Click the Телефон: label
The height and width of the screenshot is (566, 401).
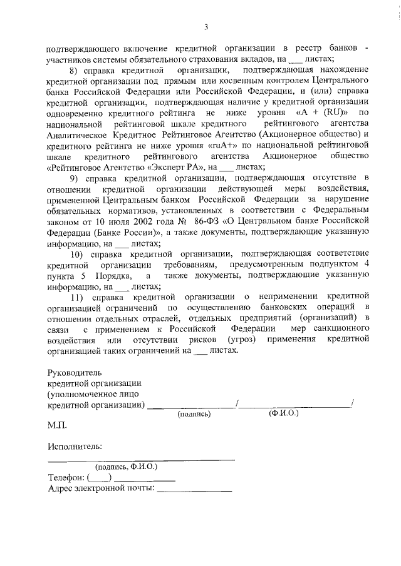pyautogui.click(x=66, y=478)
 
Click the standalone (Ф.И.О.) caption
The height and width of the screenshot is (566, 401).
pyautogui.click(x=283, y=414)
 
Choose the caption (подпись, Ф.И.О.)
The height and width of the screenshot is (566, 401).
pyautogui.click(x=126, y=467)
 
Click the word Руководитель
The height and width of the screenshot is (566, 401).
pyautogui.click(x=74, y=372)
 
